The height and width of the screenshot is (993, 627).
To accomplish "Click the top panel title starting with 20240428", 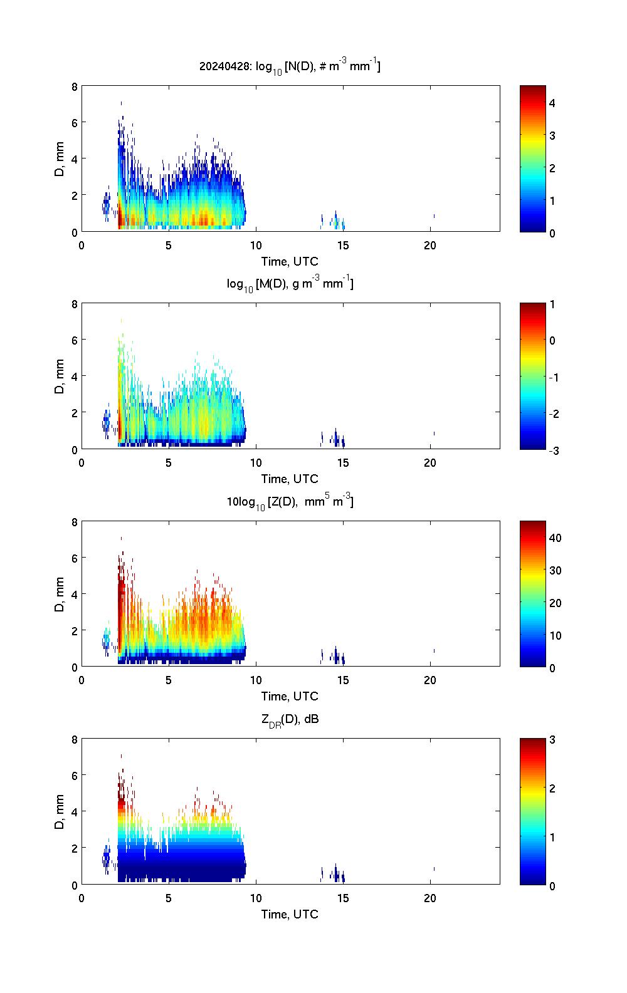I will tap(290, 66).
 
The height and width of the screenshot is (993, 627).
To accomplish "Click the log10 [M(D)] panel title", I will tap(290, 284).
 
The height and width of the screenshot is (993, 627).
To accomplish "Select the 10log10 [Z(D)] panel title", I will tap(290, 501).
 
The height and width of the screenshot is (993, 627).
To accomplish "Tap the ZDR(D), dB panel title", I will tap(290, 719).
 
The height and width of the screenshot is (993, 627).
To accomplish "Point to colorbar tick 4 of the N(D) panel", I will tap(552, 103).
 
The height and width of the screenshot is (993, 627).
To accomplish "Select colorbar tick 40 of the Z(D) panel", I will tap(555, 538).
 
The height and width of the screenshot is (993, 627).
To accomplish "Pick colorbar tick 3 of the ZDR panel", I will tap(552, 740).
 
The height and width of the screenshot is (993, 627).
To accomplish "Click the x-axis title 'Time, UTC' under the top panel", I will tap(290, 261).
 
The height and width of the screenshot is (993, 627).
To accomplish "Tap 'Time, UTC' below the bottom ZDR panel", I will tap(290, 914).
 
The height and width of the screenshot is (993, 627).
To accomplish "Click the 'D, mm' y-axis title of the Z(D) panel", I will tap(60, 595).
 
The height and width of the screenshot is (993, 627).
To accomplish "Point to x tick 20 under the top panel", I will tap(429, 246).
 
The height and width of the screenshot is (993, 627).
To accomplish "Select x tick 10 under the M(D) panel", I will tap(256, 463).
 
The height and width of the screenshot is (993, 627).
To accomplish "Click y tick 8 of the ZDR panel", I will tap(75, 739).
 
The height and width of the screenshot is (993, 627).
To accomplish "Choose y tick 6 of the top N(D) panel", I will tap(75, 123).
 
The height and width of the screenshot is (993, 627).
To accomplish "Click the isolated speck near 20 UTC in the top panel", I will tap(434, 216).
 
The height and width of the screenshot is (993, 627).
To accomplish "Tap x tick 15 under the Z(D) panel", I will tap(343, 680).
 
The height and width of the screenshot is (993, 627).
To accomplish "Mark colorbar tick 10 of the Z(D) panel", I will tap(555, 635).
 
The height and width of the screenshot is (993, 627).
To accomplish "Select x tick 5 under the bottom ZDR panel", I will tap(169, 898).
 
